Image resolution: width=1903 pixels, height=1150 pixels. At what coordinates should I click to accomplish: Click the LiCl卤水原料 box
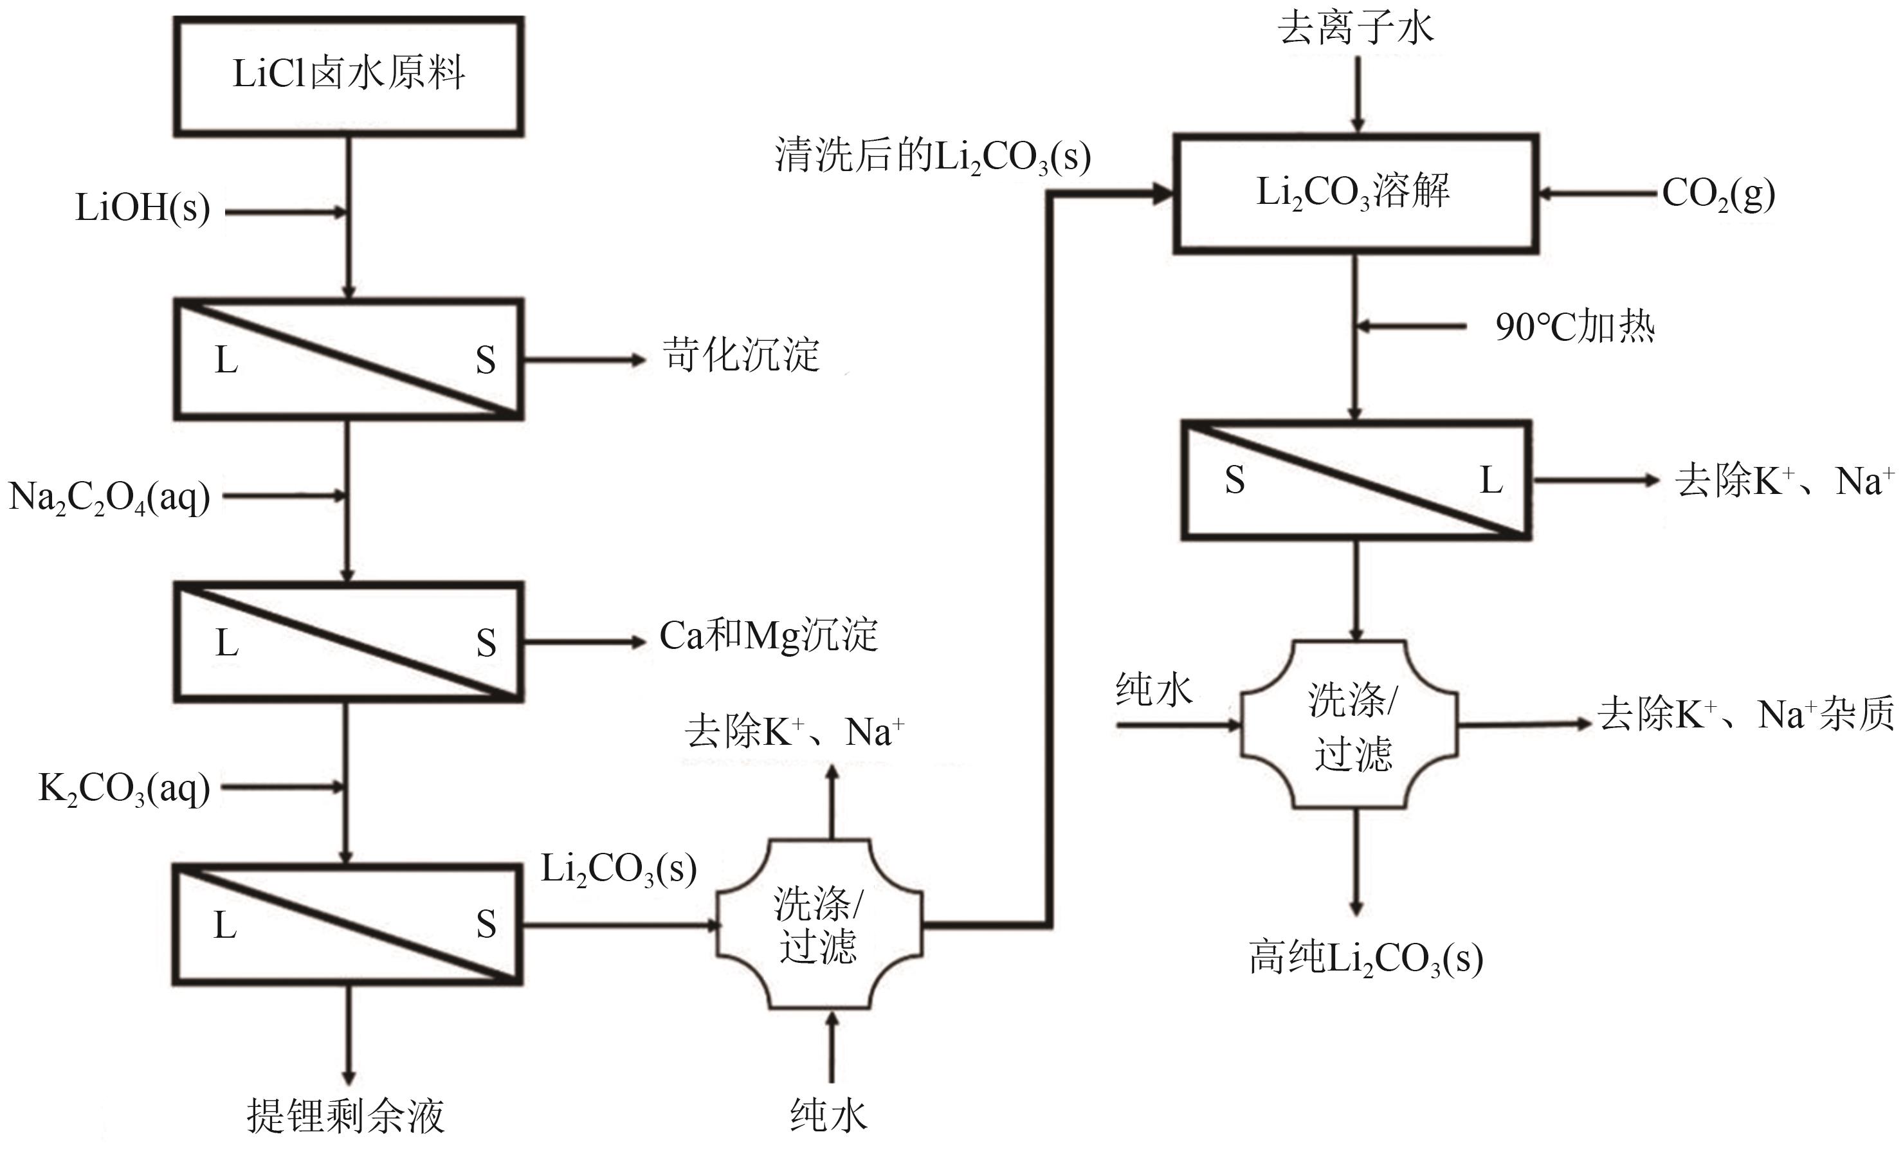(349, 77)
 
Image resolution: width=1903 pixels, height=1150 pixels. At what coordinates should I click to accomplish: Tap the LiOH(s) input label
(142, 208)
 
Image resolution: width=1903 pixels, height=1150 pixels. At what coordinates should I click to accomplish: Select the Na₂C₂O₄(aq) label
(109, 497)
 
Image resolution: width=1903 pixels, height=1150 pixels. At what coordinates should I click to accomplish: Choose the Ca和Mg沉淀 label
(769, 636)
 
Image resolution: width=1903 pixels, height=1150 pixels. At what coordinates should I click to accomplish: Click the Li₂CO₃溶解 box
(1356, 193)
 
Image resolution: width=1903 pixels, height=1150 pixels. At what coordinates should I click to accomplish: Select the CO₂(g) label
(1718, 194)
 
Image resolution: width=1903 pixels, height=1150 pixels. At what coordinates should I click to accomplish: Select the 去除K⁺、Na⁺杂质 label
(1745, 715)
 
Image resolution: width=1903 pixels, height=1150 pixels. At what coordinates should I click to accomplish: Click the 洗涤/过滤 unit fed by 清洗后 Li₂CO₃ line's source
(819, 924)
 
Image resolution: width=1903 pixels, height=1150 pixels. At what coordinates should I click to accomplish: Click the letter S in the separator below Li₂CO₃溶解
(1234, 480)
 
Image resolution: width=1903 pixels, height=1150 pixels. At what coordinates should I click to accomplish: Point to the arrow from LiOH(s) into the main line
(286, 212)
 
